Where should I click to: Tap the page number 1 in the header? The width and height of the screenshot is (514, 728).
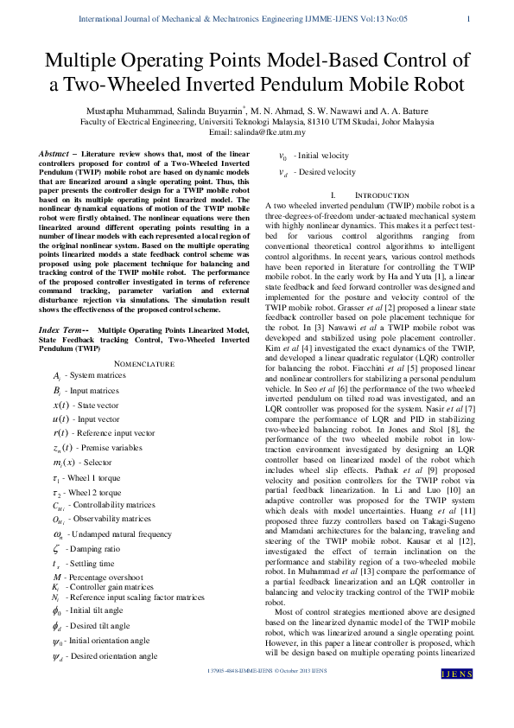pyautogui.click(x=467, y=19)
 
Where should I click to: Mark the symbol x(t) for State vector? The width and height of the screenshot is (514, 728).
pyautogui.click(x=61, y=405)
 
